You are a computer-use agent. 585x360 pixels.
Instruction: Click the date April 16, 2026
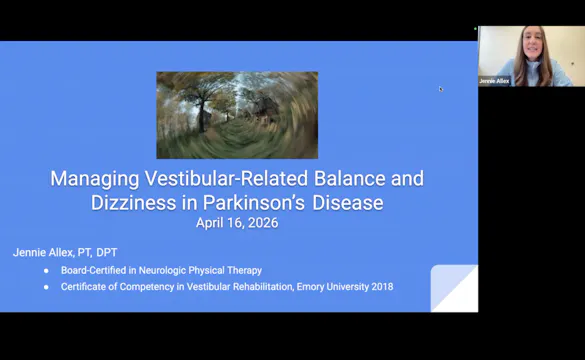click(237, 223)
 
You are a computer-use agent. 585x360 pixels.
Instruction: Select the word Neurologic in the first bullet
click(175, 271)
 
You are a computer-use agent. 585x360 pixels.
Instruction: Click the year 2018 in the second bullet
click(382, 287)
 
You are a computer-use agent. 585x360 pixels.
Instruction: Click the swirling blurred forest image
click(237, 115)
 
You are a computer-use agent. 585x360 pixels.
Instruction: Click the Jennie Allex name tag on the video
click(495, 80)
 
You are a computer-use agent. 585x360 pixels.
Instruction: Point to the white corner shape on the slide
click(456, 290)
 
